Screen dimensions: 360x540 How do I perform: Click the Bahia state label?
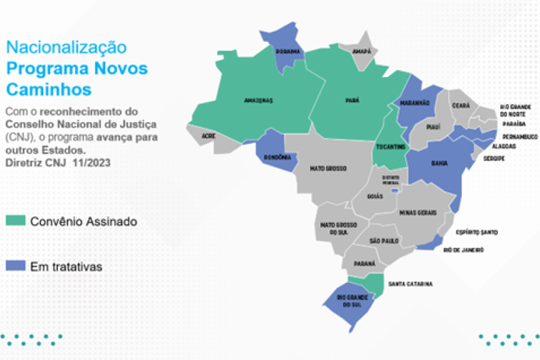(439, 163)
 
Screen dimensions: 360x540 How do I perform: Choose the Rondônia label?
(278, 157)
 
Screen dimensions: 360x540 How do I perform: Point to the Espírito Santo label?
(477, 232)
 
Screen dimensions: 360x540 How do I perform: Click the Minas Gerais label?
(418, 213)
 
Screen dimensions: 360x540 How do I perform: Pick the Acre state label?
(208, 135)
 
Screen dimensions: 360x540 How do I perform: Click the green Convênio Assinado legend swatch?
(16, 221)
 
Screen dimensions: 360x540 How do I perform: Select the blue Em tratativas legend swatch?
(16, 266)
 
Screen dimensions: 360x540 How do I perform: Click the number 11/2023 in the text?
(92, 162)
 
